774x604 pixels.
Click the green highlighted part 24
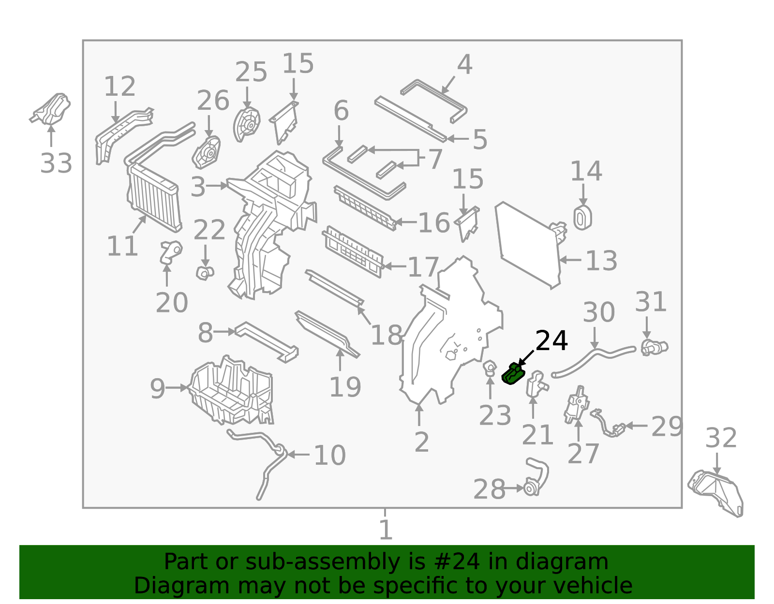[513, 374]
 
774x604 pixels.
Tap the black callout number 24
[551, 340]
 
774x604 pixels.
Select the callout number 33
[56, 163]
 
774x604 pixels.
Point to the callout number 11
[122, 246]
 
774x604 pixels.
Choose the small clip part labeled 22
[205, 273]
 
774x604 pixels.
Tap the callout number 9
[157, 389]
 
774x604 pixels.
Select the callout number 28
[489, 489]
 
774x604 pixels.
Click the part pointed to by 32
[716, 493]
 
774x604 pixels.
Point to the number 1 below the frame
[386, 530]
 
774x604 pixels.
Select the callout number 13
[601, 261]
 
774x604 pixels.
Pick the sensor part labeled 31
[655, 347]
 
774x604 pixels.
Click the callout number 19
[345, 387]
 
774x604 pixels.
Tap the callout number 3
[198, 187]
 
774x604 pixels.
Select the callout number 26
[213, 101]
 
